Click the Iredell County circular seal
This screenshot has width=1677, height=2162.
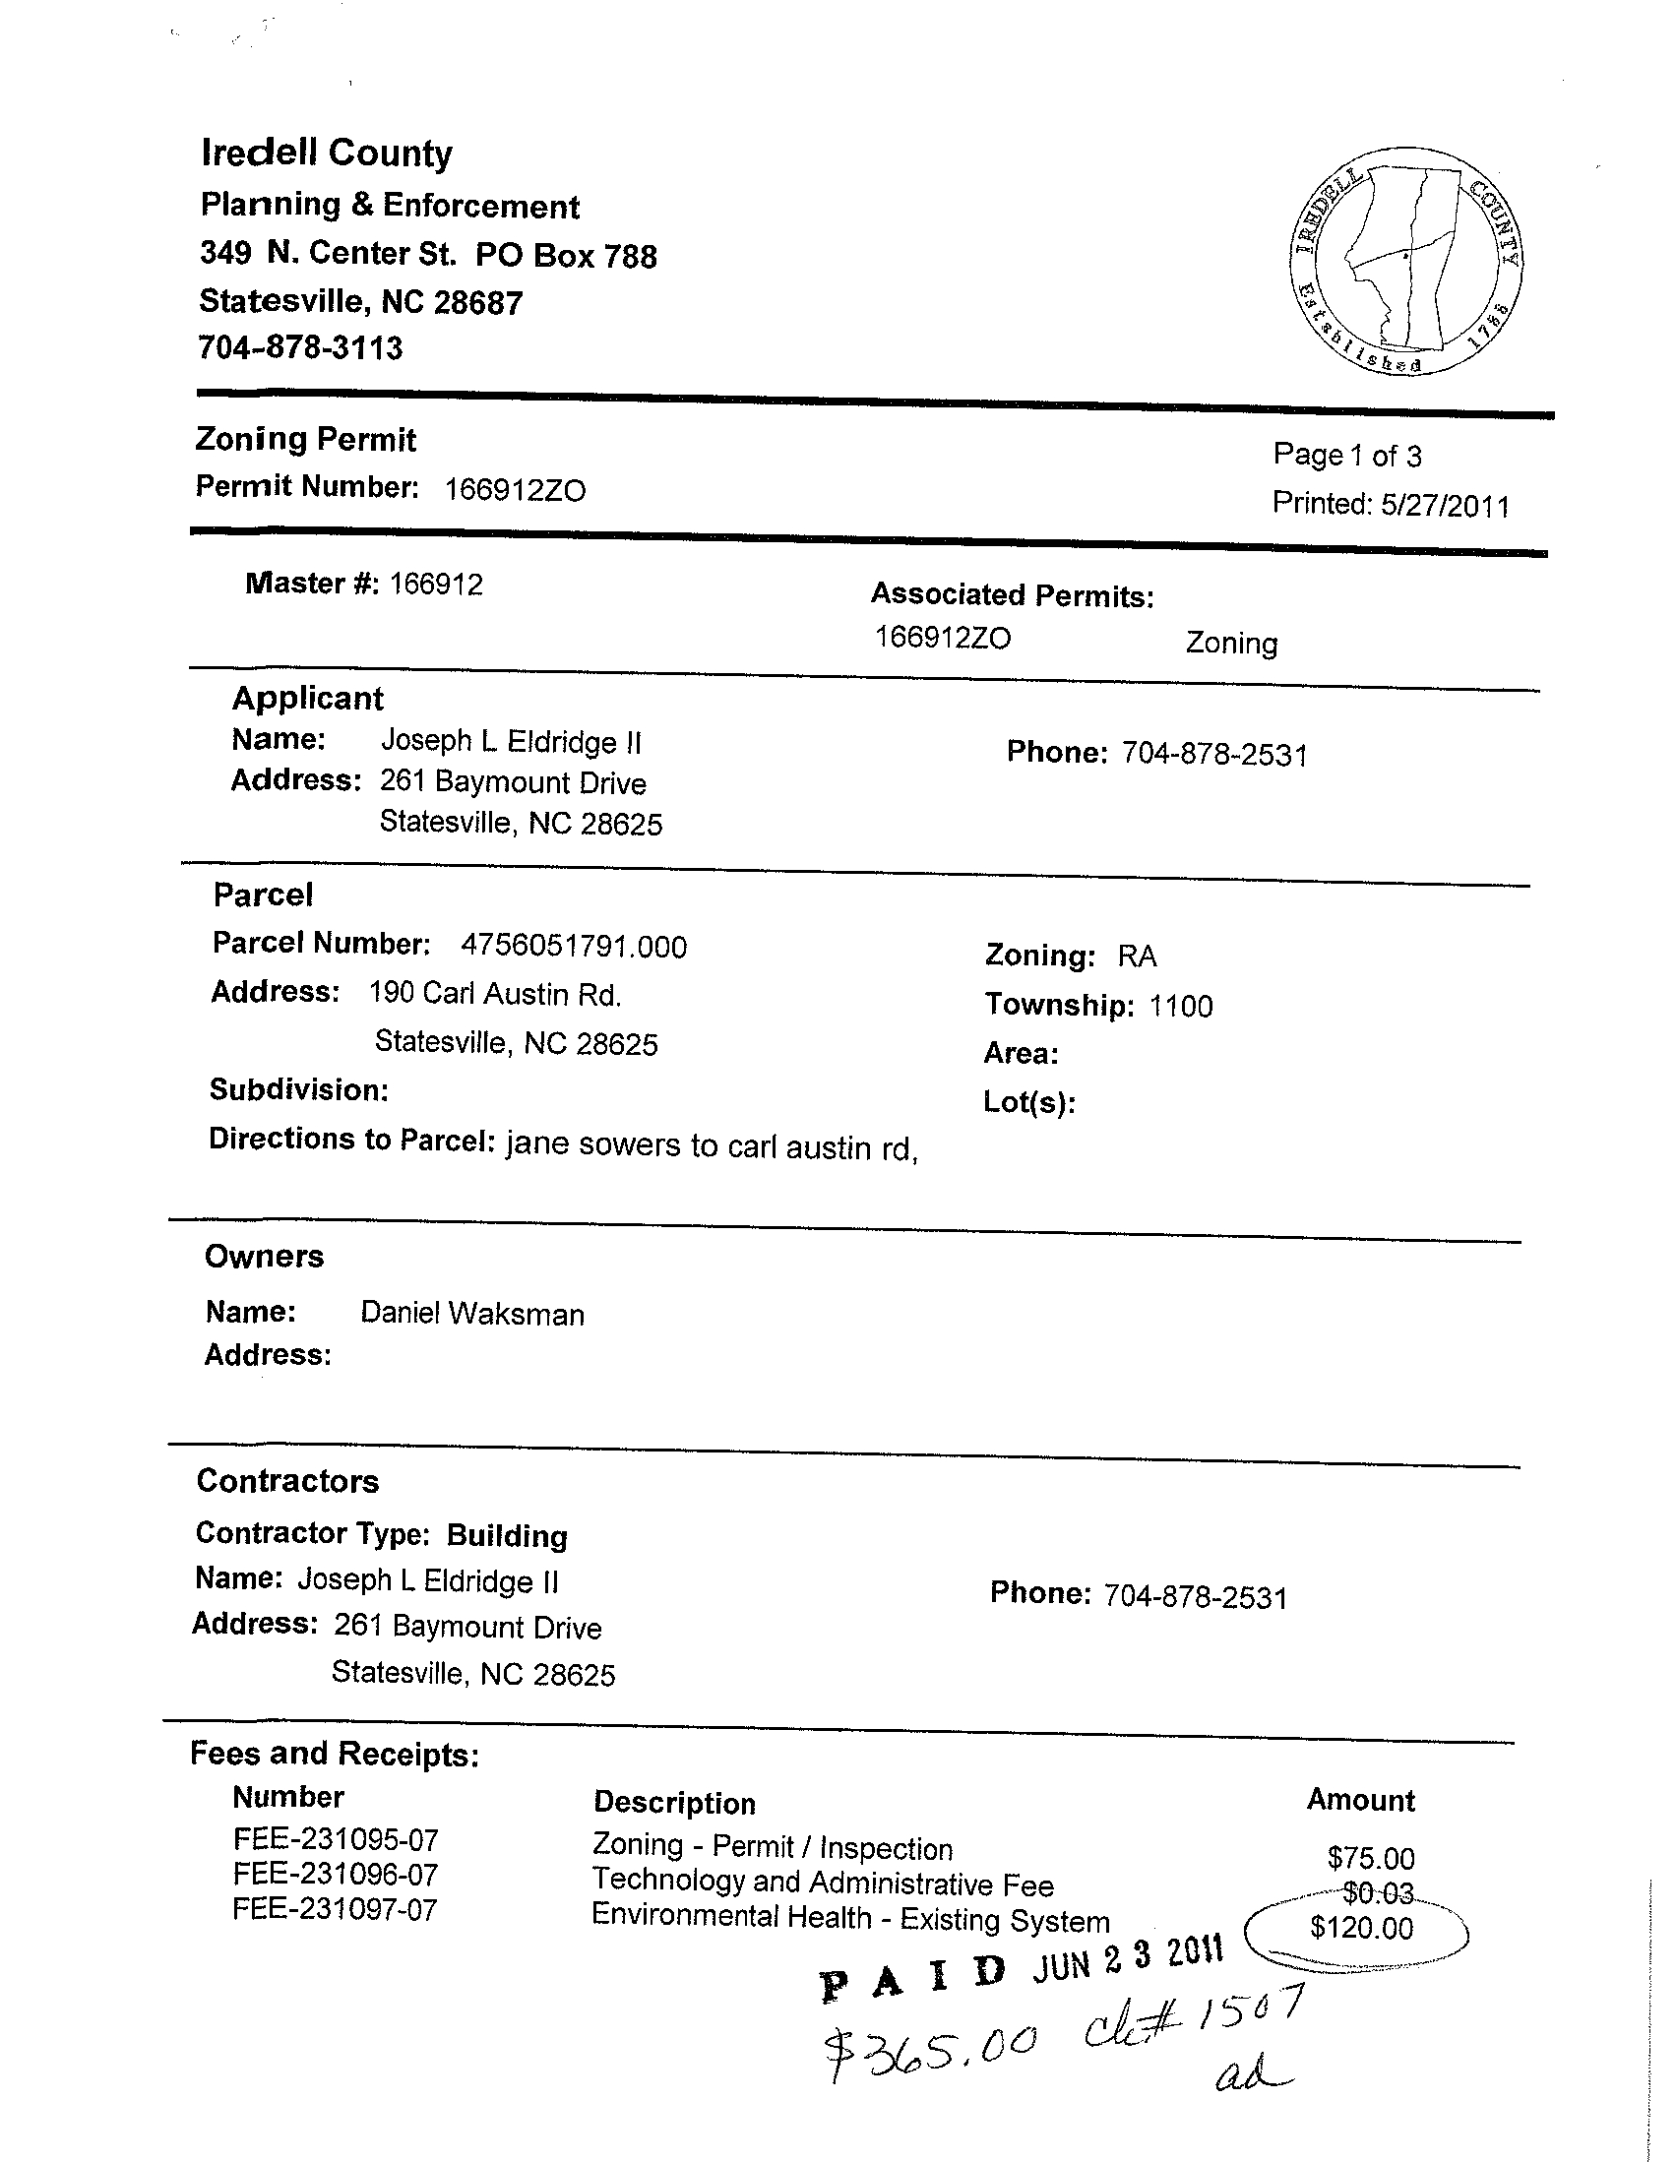(x=1406, y=262)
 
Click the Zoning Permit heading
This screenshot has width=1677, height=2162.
(x=306, y=439)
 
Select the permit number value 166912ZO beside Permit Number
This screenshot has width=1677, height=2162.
(x=515, y=490)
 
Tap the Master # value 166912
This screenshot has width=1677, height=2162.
(x=436, y=585)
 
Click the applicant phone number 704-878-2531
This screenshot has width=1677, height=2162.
(x=1213, y=756)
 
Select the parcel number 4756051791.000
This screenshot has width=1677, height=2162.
(x=573, y=947)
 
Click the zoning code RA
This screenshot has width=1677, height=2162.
(x=1137, y=956)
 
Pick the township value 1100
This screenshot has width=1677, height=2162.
(x=1180, y=1006)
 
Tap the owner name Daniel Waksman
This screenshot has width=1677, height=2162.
(x=472, y=1314)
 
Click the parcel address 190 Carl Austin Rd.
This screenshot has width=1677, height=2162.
(x=495, y=994)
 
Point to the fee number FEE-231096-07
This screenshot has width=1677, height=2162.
(x=336, y=1874)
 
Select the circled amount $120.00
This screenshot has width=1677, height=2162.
(x=1361, y=1928)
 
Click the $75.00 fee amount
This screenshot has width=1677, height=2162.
(x=1371, y=1857)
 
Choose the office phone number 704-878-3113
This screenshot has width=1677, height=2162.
(x=301, y=347)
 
